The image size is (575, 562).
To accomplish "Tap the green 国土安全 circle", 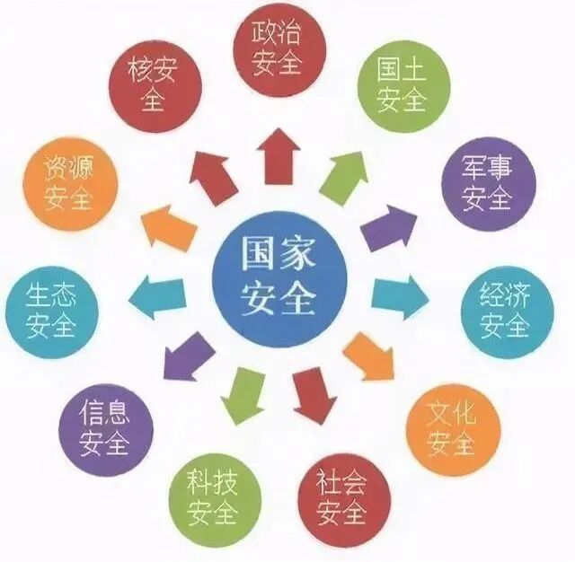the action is point(400,85).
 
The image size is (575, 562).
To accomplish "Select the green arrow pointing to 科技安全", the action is point(243,394).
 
